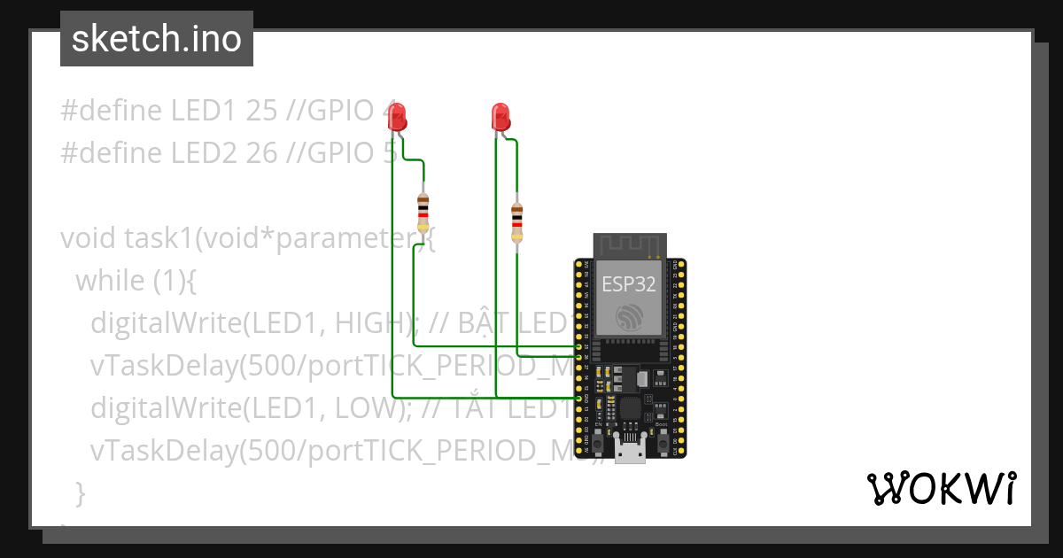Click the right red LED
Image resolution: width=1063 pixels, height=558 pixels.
click(x=500, y=116)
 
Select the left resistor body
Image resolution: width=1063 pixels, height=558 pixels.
click(x=423, y=213)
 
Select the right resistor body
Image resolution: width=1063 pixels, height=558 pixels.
click(x=517, y=221)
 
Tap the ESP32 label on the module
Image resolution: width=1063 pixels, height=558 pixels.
click(x=629, y=283)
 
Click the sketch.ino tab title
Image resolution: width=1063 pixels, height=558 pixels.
click(x=157, y=39)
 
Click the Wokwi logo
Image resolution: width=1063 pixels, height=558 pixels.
click(x=941, y=488)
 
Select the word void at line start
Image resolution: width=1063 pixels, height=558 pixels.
click(x=89, y=238)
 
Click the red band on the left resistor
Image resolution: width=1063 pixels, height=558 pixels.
click(x=423, y=215)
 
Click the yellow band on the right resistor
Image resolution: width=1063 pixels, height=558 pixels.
click(x=517, y=234)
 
